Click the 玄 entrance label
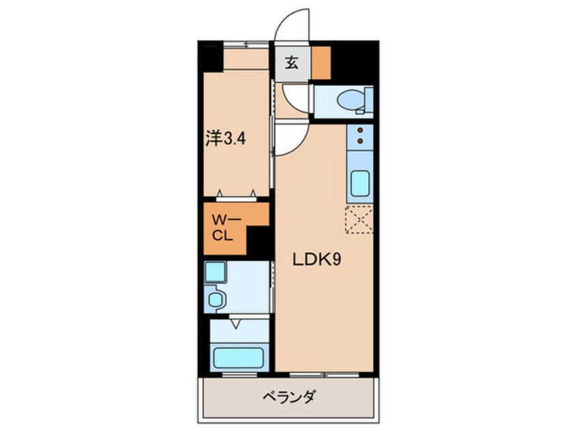pyautogui.click(x=292, y=63)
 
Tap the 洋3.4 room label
pyautogui.click(x=225, y=139)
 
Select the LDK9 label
pyautogui.click(x=317, y=260)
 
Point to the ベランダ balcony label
pyautogui.click(x=289, y=397)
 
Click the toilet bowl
pyautogui.click(x=351, y=99)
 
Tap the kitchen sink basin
pyautogui.click(x=360, y=183)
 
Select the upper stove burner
pyautogui.click(x=360, y=130)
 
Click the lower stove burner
pyautogui.click(x=360, y=141)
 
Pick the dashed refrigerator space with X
pyautogui.click(x=359, y=219)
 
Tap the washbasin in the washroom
pyautogui.click(x=216, y=298)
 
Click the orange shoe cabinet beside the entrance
pyautogui.click(x=321, y=63)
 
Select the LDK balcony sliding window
pyautogui.click(x=324, y=375)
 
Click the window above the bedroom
pyautogui.click(x=246, y=45)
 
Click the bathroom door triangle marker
pyautogui.click(x=235, y=324)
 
